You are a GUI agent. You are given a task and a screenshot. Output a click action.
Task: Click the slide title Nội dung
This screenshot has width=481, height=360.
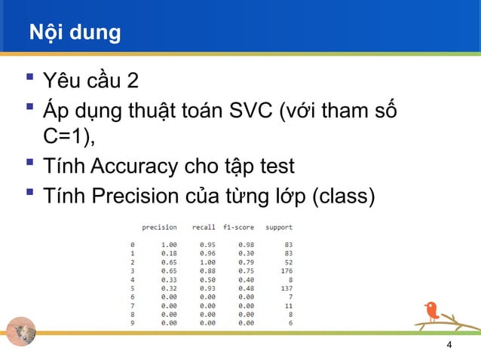(75, 33)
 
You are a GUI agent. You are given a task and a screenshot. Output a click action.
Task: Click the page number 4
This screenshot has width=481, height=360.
(449, 345)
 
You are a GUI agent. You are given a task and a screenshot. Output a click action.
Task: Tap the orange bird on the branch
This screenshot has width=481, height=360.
(431, 310)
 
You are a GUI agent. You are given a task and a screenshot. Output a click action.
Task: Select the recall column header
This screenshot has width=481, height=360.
(204, 227)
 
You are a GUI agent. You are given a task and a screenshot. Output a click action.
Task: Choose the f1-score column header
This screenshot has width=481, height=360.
(238, 227)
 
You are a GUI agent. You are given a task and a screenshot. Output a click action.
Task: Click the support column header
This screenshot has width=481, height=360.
(278, 227)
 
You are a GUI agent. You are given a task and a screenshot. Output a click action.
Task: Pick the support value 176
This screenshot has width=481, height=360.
(286, 270)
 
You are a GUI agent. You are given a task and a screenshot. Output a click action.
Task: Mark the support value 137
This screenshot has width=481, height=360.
(286, 288)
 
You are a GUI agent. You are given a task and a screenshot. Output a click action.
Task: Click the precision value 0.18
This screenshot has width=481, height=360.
(169, 253)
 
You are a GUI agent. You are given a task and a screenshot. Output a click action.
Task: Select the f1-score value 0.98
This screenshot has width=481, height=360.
(246, 245)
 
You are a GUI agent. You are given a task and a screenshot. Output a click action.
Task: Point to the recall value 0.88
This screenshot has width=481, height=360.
(207, 270)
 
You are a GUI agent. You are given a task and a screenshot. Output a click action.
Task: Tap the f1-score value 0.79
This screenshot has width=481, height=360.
(246, 262)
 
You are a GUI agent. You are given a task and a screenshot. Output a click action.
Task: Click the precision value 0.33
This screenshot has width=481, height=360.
(169, 279)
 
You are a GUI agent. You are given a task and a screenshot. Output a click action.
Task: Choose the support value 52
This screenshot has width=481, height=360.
(288, 262)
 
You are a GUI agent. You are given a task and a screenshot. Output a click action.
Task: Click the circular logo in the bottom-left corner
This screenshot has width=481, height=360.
(21, 331)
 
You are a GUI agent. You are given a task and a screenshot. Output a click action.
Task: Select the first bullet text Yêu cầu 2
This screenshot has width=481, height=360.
(90, 78)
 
